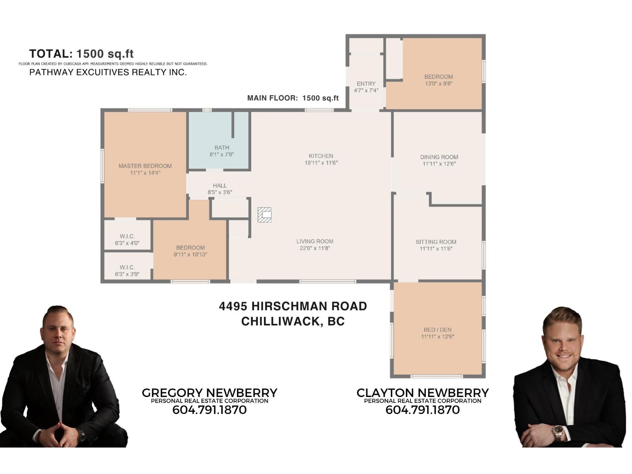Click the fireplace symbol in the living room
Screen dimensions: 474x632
click(x=264, y=215)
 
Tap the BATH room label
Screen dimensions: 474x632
click(x=222, y=148)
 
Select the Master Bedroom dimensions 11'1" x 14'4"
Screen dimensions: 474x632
click(x=145, y=173)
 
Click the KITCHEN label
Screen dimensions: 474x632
click(x=321, y=156)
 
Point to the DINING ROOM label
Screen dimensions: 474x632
click(x=439, y=157)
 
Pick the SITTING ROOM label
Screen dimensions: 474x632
click(x=436, y=242)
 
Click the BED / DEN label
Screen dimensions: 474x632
click(x=437, y=330)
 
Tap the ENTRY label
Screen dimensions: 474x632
click(x=366, y=84)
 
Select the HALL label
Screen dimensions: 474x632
click(x=220, y=186)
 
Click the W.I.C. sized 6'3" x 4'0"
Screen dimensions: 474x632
click(x=127, y=240)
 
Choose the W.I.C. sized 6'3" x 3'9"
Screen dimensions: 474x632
click(x=127, y=271)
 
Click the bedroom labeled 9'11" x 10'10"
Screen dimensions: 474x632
click(x=190, y=251)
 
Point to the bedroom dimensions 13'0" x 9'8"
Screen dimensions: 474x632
click(x=438, y=84)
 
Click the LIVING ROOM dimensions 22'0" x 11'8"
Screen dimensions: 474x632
click(x=315, y=248)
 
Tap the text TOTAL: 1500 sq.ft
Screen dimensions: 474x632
click(x=81, y=54)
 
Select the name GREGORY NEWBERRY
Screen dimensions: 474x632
click(x=209, y=393)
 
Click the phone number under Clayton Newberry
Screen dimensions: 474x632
click(x=422, y=410)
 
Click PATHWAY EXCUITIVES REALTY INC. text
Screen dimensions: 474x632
click(x=108, y=72)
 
